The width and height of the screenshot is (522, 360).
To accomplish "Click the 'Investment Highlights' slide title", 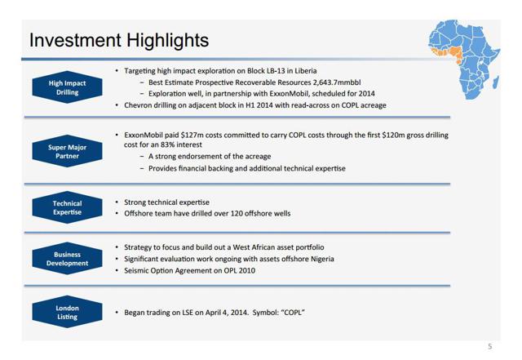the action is [x=119, y=40].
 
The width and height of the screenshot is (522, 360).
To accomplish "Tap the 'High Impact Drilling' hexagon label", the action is [x=67, y=87].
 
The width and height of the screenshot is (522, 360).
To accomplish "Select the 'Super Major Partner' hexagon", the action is [x=67, y=151].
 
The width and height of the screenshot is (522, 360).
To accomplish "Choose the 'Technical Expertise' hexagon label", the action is [x=67, y=207].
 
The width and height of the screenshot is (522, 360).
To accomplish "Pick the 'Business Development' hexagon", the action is [x=67, y=259].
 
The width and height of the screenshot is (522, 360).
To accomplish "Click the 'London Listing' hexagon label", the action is [x=67, y=313].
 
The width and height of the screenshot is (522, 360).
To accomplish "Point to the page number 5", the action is [x=489, y=347].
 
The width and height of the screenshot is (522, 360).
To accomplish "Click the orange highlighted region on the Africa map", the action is [x=447, y=54].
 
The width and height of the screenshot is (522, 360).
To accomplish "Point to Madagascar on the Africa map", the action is [x=496, y=82].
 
